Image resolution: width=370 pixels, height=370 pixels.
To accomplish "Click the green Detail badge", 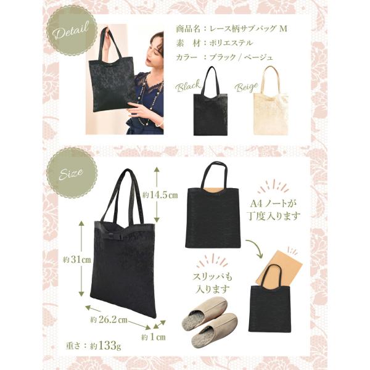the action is click(72, 31).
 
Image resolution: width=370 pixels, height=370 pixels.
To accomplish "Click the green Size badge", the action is click(72, 173).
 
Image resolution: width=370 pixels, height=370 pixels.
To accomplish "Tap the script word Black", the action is click(188, 86).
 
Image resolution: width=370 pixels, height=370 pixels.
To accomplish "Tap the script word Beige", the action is click(246, 88).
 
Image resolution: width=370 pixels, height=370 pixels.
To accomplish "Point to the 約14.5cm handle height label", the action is click(160, 195).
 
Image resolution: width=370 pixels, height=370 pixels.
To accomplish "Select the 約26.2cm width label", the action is click(109, 319).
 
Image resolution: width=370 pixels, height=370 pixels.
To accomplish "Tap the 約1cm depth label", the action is click(154, 337).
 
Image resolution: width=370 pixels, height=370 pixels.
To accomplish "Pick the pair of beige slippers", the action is click(210, 317).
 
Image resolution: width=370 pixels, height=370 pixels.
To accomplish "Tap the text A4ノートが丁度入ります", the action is click(273, 210).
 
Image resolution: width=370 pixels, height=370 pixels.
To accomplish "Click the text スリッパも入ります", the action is click(212, 282).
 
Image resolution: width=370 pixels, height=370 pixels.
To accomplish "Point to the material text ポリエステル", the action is click(231, 43).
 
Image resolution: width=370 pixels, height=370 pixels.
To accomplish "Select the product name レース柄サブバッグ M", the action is click(248, 29).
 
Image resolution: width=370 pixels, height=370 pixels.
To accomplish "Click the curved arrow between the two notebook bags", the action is click(255, 248).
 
